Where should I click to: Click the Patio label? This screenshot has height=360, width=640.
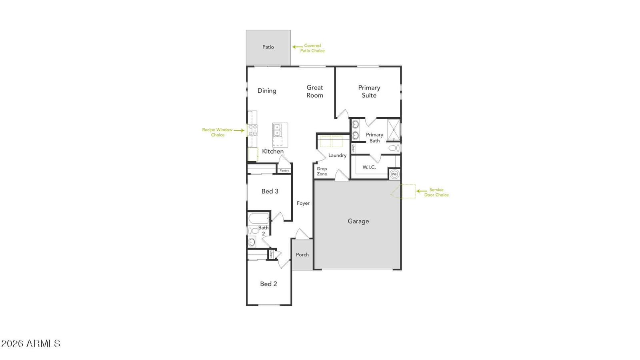pyautogui.click(x=268, y=47)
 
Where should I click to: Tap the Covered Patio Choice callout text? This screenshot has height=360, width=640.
pyautogui.click(x=312, y=48)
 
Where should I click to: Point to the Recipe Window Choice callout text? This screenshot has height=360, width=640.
pyautogui.click(x=218, y=132)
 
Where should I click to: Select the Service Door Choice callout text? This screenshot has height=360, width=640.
pyautogui.click(x=436, y=192)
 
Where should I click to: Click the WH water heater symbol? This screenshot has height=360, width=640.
pyautogui.click(x=394, y=174)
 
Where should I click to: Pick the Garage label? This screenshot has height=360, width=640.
pyautogui.click(x=358, y=221)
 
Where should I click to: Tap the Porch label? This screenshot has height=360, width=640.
pyautogui.click(x=302, y=254)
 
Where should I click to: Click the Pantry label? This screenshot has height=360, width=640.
pyautogui.click(x=284, y=170)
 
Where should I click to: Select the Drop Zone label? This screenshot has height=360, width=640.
pyautogui.click(x=322, y=171)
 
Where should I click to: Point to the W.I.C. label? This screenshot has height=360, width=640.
pyautogui.click(x=369, y=167)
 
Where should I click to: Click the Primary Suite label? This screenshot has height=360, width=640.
pyautogui.click(x=369, y=92)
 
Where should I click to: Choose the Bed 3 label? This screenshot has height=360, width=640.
pyautogui.click(x=270, y=191)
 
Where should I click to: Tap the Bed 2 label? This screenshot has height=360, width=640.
pyautogui.click(x=268, y=284)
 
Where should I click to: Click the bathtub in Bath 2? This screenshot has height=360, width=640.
pyautogui.click(x=258, y=219)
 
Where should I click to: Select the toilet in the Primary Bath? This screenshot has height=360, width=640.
pyautogui.click(x=394, y=148)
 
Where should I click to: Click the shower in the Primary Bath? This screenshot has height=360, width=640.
pyautogui.click(x=394, y=130)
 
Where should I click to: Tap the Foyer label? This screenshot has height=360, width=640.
pyautogui.click(x=303, y=203)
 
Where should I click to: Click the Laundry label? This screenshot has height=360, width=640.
pyautogui.click(x=338, y=156)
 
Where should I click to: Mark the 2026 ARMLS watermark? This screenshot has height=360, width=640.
pyautogui.click(x=31, y=344)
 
